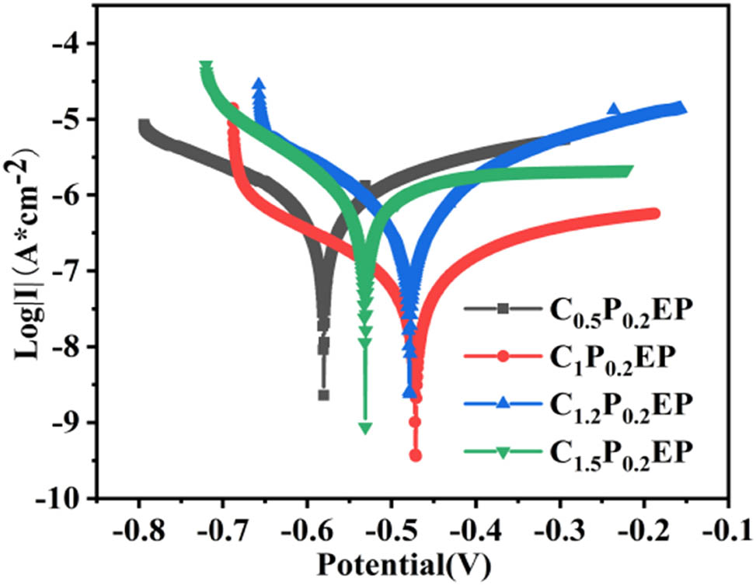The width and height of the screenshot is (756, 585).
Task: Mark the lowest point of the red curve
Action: click(416, 455)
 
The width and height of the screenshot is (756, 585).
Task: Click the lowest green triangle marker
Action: click(365, 428)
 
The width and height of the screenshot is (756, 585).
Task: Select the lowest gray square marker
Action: click(323, 395)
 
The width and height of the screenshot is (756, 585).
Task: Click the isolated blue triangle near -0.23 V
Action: click(614, 110)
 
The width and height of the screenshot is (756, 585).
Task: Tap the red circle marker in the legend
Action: click(503, 357)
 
